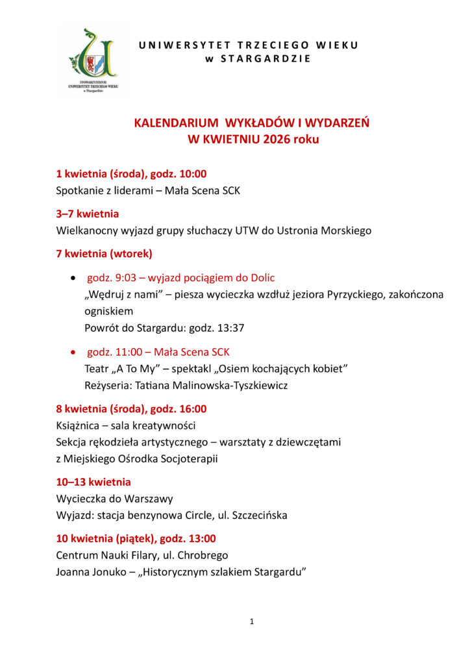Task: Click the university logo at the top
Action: point(92,61)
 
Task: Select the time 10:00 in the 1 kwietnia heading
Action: point(192,174)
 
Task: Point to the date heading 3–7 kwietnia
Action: point(88,213)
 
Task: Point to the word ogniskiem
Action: point(108,311)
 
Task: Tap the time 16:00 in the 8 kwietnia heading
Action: point(192,409)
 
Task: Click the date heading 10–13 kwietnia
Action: point(93,482)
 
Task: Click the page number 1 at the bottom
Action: point(252,621)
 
